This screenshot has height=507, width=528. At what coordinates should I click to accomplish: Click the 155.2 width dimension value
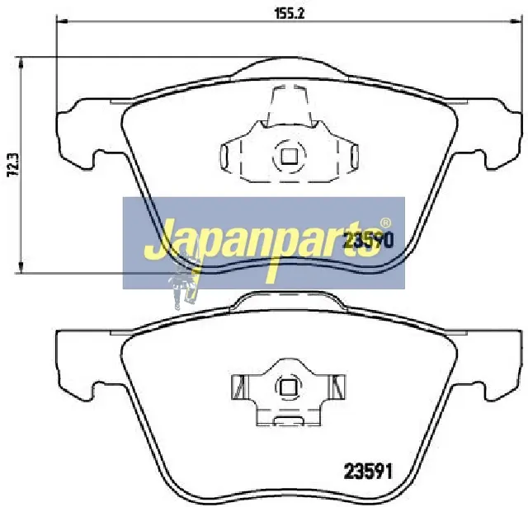click(x=290, y=14)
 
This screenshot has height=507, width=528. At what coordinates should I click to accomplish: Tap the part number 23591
click(x=368, y=472)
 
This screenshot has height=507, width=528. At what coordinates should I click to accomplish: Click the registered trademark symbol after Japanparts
click(x=385, y=223)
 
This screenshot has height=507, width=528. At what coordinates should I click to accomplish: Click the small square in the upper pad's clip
click(x=289, y=156)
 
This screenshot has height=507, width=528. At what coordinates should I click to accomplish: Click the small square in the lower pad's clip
click(x=287, y=387)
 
